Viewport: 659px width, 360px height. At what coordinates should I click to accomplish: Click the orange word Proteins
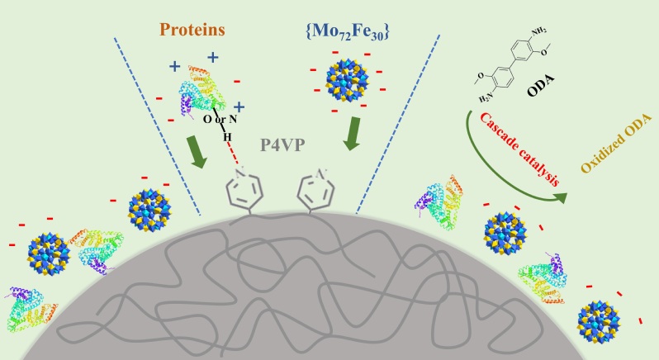(192, 30)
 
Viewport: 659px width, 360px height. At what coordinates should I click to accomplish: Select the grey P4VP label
(282, 145)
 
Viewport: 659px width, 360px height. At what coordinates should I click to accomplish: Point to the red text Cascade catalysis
(520, 149)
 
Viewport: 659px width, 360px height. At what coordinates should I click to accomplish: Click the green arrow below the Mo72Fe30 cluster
(352, 134)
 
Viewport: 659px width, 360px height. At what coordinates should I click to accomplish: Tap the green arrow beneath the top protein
(197, 152)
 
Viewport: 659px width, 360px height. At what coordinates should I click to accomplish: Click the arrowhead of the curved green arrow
(560, 197)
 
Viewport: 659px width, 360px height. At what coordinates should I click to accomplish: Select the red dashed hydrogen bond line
(233, 153)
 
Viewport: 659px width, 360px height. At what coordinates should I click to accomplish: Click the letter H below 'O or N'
(227, 137)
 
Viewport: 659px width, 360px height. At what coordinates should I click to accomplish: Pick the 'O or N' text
(220, 120)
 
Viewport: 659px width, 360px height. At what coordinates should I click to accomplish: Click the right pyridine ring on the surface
(316, 189)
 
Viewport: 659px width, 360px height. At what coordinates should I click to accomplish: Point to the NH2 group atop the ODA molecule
(538, 31)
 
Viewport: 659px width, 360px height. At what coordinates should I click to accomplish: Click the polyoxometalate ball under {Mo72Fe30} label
(347, 82)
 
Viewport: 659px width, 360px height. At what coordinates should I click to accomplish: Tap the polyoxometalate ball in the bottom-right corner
(599, 321)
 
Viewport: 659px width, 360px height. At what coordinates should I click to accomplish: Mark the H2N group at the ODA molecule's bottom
(486, 99)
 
